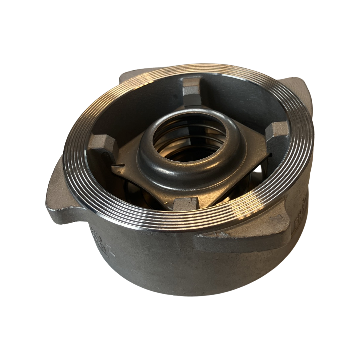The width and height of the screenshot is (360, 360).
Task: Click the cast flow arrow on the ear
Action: pos(275,218)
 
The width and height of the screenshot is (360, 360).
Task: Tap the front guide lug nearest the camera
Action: pos(186,203)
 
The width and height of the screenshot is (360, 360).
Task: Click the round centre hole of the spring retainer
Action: pos(189,135)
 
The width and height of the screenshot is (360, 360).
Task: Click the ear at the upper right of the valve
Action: pos(298,90)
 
